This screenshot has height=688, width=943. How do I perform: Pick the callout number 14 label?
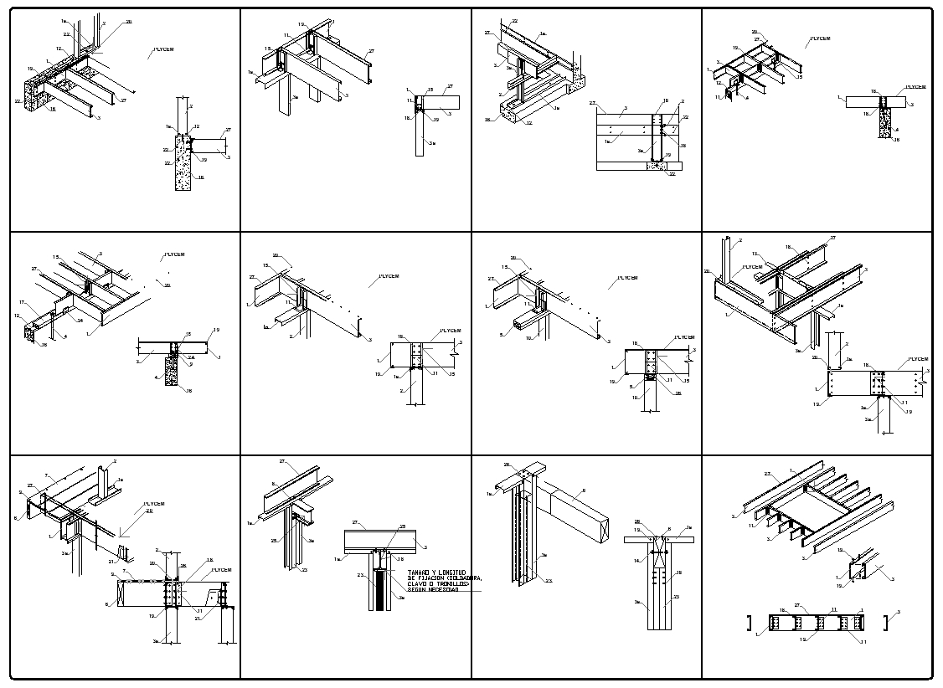pyautogui.click(x=637, y=560)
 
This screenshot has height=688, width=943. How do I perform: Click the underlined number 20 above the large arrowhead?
pyautogui.click(x=149, y=511)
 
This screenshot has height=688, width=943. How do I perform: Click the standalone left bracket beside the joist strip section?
pyautogui.click(x=748, y=622)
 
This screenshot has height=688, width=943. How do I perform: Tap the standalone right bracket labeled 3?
pyautogui.click(x=886, y=622)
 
